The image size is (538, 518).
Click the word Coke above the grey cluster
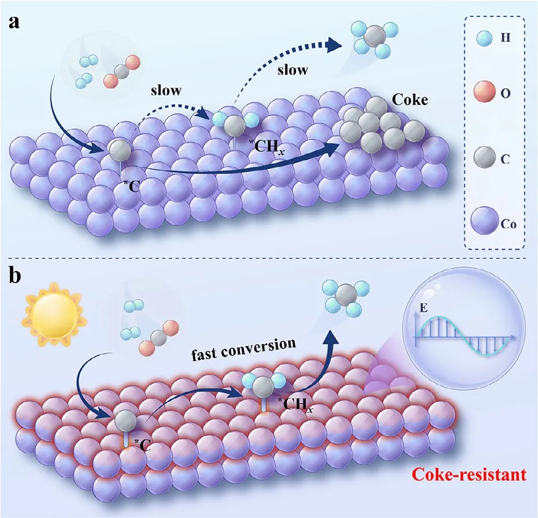(x=409, y=102)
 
